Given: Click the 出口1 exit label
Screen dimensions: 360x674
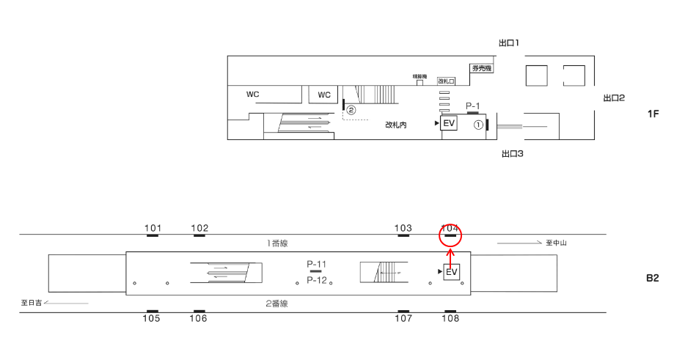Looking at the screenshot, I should point(509,43).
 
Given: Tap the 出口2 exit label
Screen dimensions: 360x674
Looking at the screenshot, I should point(613,98).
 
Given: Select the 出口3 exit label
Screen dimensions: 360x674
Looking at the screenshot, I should point(511,154).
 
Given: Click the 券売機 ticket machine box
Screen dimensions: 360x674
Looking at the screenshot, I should point(481,68).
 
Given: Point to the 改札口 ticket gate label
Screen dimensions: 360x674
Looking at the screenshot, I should point(446,81).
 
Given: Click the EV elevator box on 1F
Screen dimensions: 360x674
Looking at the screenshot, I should point(449,124).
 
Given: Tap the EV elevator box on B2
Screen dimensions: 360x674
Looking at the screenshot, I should point(451,272).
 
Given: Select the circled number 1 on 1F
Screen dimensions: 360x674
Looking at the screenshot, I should point(477,125).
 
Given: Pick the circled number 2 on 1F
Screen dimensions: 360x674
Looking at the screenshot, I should point(351,110).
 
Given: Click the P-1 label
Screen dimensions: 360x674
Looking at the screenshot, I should point(473,106).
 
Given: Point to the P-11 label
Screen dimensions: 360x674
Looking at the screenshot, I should point(317,263).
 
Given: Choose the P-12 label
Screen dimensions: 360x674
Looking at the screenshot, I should point(317,280).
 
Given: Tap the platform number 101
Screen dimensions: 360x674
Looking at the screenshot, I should point(153,228).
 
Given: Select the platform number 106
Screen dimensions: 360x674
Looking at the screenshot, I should point(198,318).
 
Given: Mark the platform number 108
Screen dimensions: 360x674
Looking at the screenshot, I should point(450,318).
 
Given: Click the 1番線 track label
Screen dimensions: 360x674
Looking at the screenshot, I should point(277,243).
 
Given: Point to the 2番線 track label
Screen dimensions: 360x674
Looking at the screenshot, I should point(276,303).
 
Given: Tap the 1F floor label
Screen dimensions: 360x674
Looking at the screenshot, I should point(654,114).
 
